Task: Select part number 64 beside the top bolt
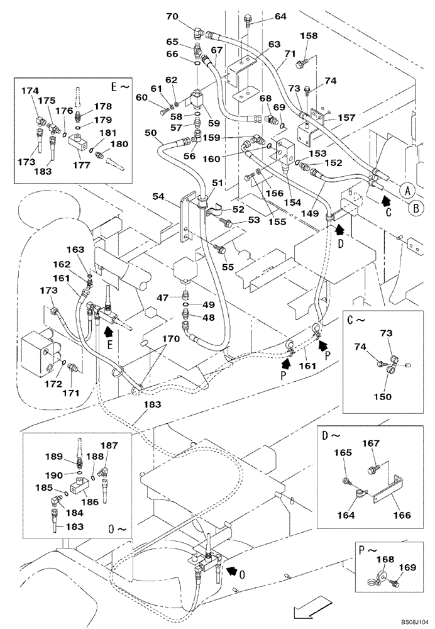280,16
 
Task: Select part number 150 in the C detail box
382,396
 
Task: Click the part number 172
54,384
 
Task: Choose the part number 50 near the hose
150,132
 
